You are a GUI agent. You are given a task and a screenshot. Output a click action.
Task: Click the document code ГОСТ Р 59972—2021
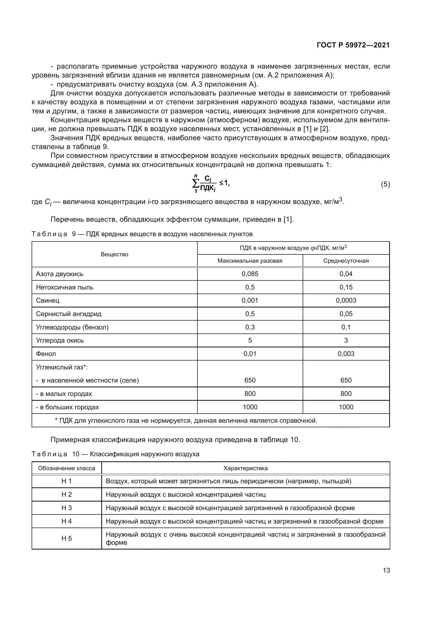tap(353, 45)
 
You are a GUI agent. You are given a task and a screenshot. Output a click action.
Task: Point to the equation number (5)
tap(385, 184)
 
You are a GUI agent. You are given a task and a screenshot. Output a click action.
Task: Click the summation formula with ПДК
tap(211, 184)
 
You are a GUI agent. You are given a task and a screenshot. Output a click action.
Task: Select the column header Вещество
tap(114, 254)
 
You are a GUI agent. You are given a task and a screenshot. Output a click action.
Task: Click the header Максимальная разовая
tap(250, 261)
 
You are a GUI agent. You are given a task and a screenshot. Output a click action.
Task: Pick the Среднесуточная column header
tap(346, 261)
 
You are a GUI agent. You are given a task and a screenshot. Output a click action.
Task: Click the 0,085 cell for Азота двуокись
tap(250, 274)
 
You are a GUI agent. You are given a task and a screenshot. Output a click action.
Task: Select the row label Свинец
tap(48, 300)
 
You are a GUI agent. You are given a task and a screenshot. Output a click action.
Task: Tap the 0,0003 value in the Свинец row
tap(346, 300)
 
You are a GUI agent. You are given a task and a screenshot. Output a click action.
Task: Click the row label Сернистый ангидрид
tap(69, 314)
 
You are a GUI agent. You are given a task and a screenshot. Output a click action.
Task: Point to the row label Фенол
tap(46, 354)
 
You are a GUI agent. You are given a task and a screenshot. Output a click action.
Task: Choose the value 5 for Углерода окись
tap(250, 340)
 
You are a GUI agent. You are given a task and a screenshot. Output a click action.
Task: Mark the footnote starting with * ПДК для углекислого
tap(186, 420)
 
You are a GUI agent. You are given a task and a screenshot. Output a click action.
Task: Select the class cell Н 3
tap(67, 508)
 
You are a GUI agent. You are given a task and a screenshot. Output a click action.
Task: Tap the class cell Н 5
tap(67, 538)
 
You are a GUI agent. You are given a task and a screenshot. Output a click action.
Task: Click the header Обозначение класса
tap(67, 468)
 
